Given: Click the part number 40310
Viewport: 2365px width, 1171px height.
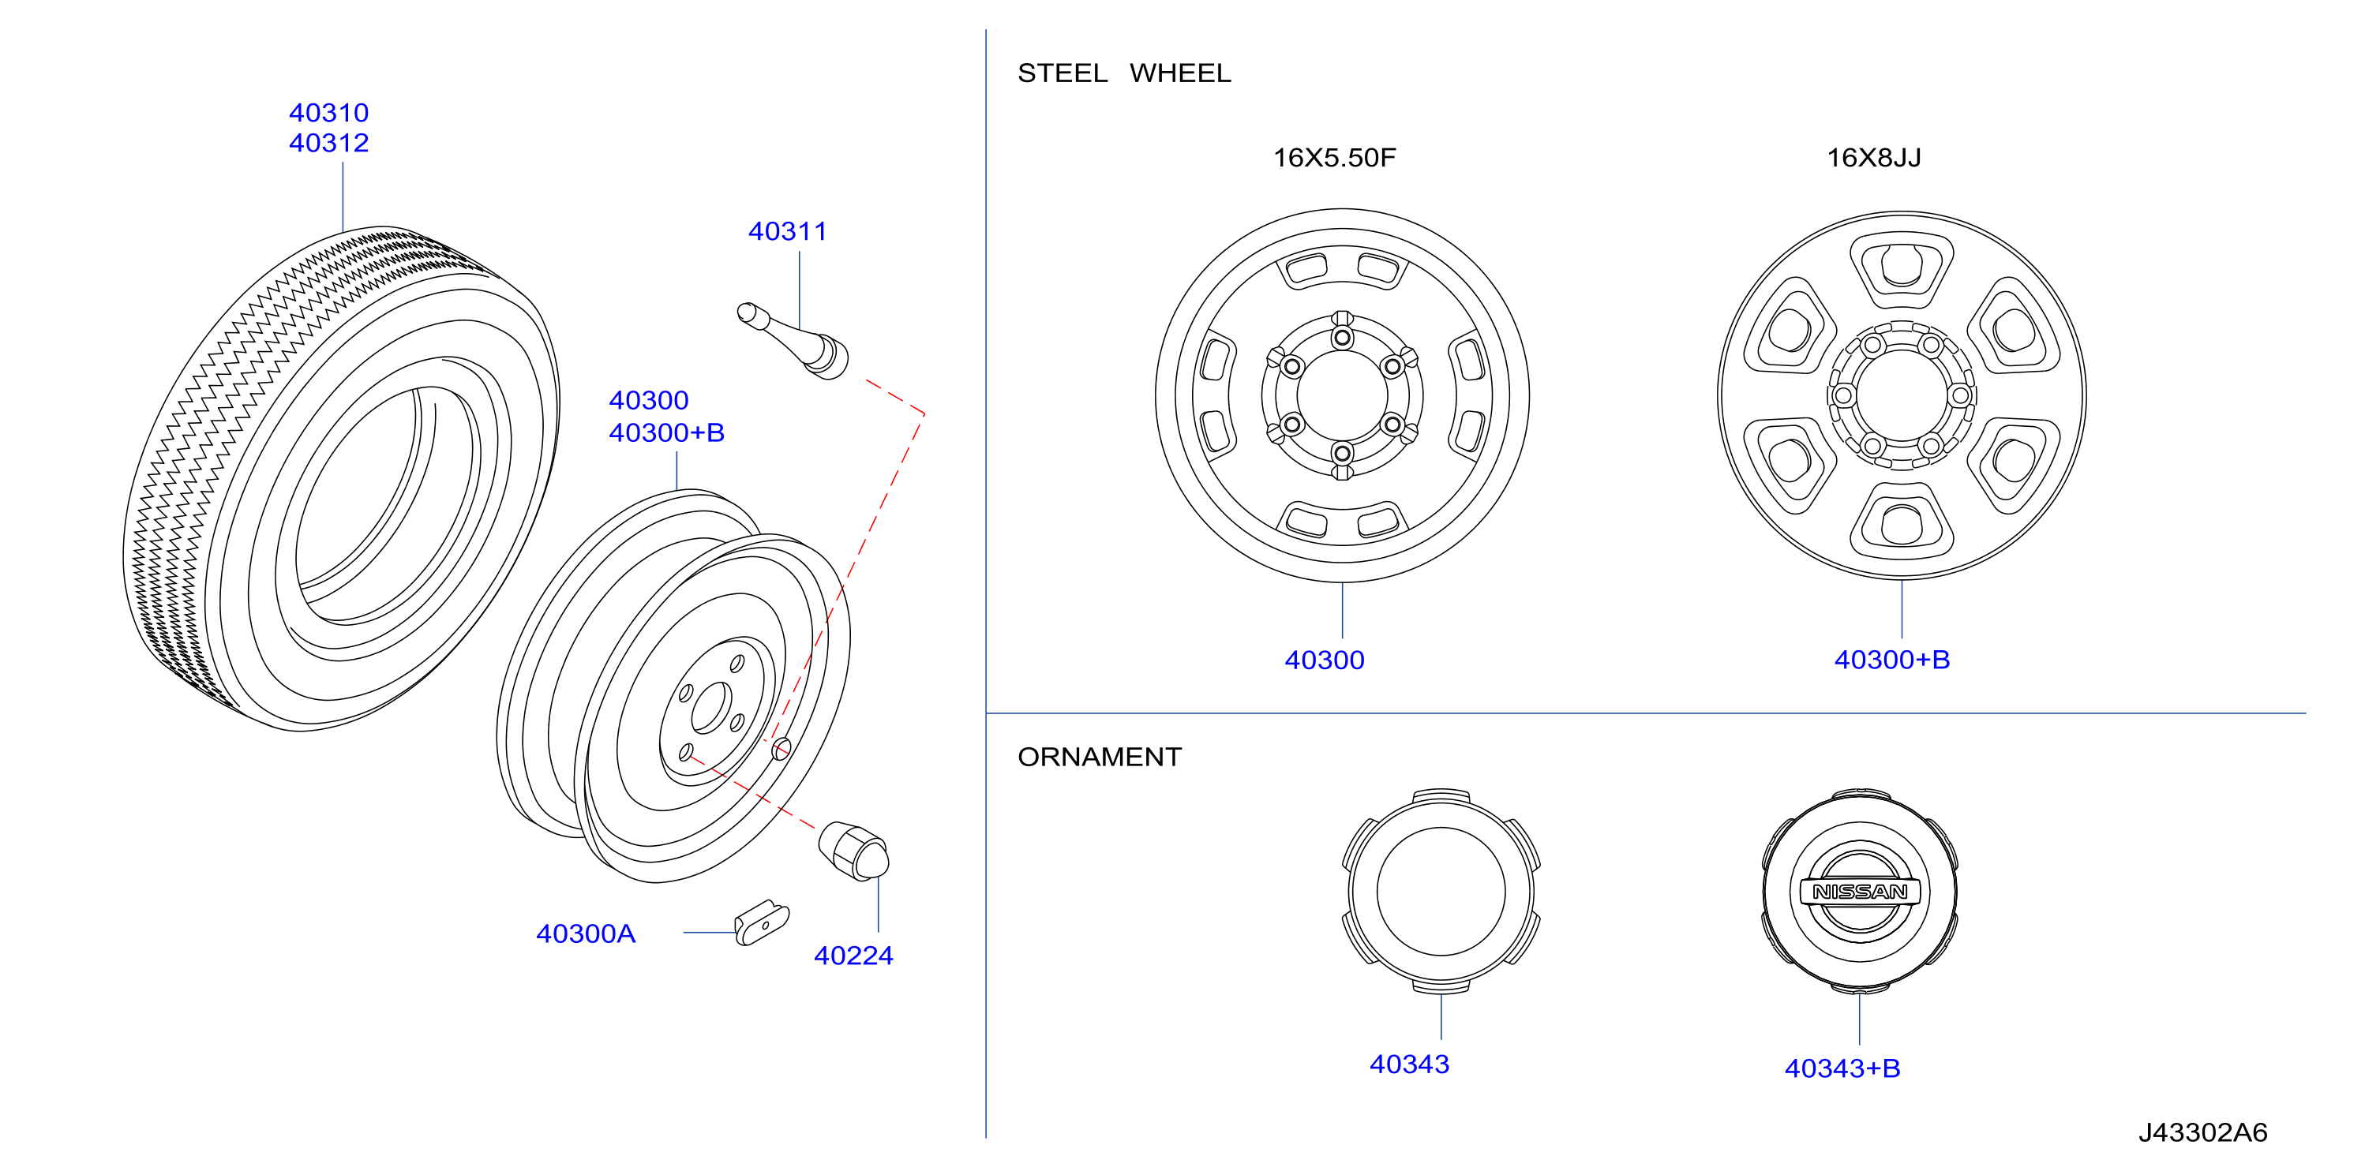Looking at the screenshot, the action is click(x=328, y=113).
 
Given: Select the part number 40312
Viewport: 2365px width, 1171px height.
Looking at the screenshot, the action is click(x=328, y=143).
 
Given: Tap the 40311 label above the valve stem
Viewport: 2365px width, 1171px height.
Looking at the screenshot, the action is click(x=788, y=231).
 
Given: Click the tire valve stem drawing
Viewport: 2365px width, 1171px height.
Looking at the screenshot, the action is click(x=793, y=340).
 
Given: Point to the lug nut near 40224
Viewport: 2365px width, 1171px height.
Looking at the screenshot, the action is click(x=854, y=851).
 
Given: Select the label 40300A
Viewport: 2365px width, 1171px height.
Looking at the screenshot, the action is click(x=586, y=933).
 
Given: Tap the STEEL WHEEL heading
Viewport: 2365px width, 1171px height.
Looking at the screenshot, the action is click(x=1125, y=73).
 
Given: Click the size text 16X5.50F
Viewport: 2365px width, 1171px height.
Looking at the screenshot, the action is click(x=1334, y=158).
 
